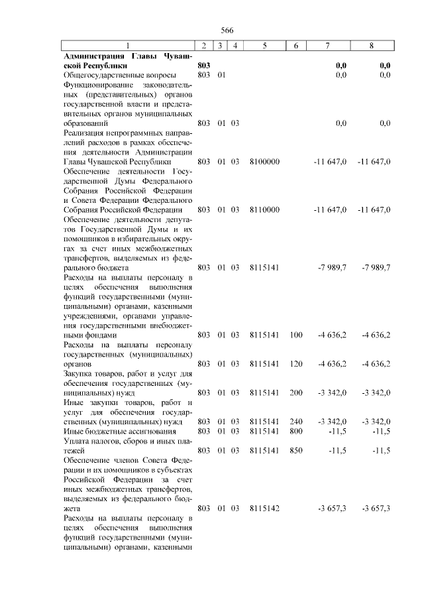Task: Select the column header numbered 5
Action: coord(264,46)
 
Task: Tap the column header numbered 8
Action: coord(371,46)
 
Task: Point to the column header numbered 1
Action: coord(128,46)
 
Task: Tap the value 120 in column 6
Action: coord(295,363)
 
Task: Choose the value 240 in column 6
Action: coord(295,422)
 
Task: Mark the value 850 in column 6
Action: coord(295,450)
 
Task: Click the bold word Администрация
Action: coord(91,56)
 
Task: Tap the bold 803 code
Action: coord(204,66)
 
